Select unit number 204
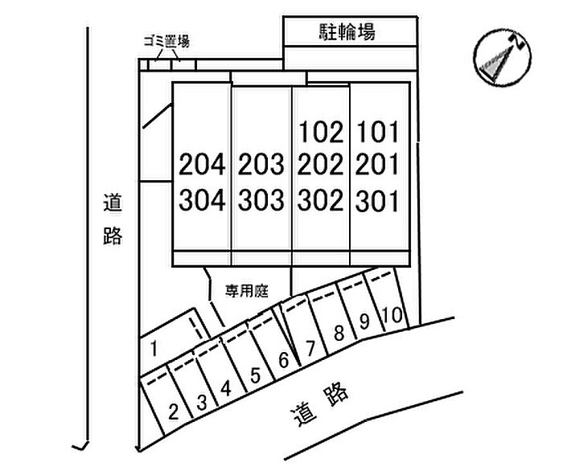[x=203, y=166]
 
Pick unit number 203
[x=261, y=166]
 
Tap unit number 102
[x=320, y=131]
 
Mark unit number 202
[x=320, y=166]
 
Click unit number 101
[x=377, y=131]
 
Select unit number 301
[x=377, y=199]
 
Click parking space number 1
[x=154, y=348]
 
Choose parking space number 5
[x=254, y=375]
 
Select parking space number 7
[x=310, y=348]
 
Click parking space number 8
[x=339, y=332]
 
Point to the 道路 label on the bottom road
[x=319, y=404]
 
